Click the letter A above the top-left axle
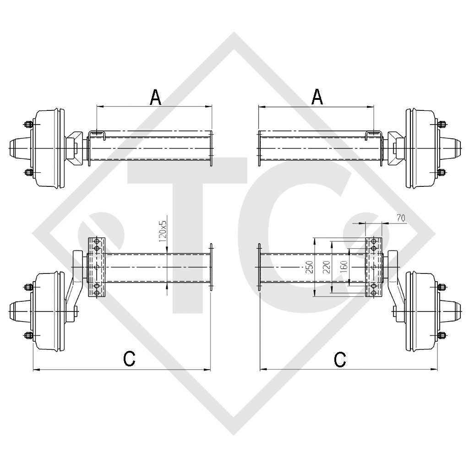click(x=156, y=97)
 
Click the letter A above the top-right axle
click(x=316, y=97)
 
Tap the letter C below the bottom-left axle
click(x=130, y=359)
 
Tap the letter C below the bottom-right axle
click(x=340, y=359)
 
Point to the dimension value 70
click(x=400, y=219)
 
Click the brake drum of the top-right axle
click(x=420, y=149)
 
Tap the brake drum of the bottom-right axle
click(x=420, y=311)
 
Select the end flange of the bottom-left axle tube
click(x=211, y=267)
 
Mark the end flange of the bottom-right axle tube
click(x=259, y=267)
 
